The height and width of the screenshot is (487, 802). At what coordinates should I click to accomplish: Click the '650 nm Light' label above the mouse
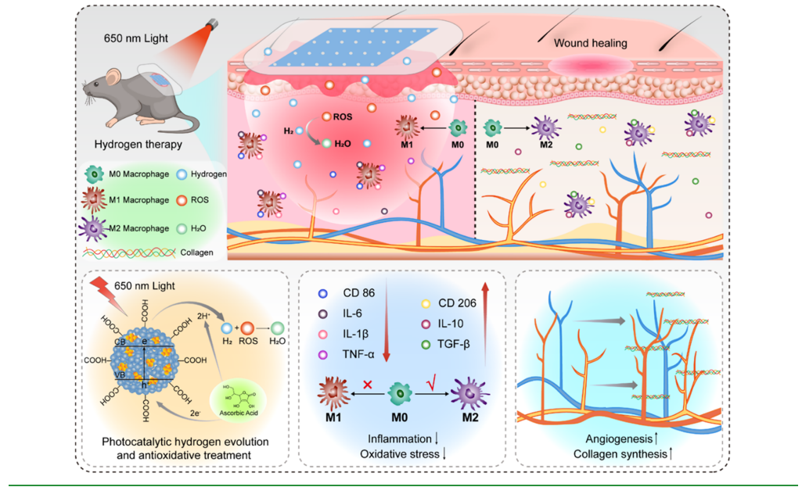135,38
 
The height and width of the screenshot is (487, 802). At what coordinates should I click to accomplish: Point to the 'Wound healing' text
591,43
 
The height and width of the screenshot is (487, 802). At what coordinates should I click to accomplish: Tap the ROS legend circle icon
182,201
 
